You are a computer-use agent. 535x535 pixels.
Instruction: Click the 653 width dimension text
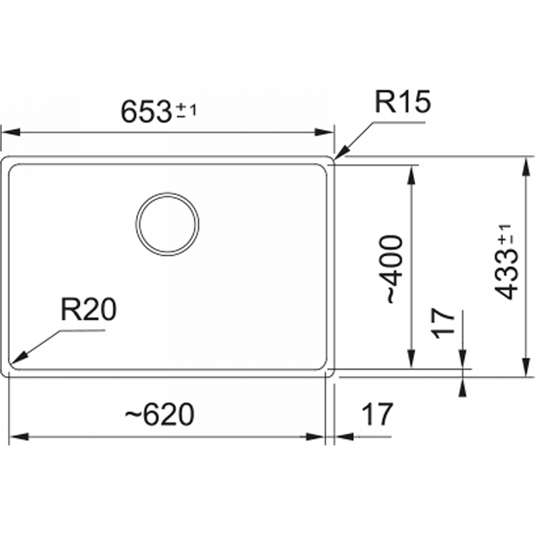[146, 112]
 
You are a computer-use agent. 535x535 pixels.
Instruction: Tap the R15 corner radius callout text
[403, 102]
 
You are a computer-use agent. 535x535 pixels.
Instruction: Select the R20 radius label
[88, 309]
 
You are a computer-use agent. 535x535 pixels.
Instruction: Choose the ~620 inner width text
[159, 414]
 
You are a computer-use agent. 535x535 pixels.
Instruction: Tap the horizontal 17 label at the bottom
[377, 414]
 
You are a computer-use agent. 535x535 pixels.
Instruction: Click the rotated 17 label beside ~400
[443, 323]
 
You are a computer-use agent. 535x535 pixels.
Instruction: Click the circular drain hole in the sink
[167, 224]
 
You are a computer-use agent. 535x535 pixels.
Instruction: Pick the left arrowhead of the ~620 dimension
[19, 437]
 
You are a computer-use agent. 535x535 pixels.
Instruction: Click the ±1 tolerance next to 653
[186, 110]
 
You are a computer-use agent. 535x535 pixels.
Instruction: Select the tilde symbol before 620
[132, 415]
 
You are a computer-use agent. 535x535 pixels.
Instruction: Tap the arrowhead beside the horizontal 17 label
[344, 437]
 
